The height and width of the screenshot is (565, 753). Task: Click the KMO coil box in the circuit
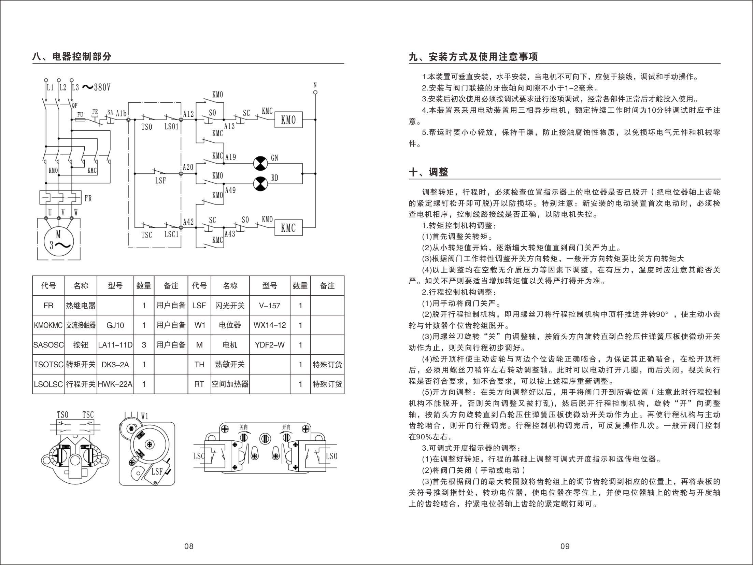click(x=288, y=120)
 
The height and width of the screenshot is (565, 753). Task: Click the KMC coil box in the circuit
click(x=288, y=228)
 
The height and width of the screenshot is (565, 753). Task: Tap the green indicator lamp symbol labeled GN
click(x=261, y=164)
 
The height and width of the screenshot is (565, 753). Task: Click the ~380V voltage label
click(x=97, y=87)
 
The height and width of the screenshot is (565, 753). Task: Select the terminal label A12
click(x=188, y=114)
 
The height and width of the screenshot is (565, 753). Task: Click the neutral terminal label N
click(x=315, y=85)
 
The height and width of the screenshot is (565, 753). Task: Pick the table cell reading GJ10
click(x=115, y=325)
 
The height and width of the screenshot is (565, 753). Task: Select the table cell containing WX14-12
click(x=269, y=325)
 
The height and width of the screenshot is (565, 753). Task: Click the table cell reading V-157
click(x=269, y=306)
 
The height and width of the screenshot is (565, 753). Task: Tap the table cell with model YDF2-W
click(x=269, y=345)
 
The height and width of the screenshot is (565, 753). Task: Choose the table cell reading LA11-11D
click(x=115, y=345)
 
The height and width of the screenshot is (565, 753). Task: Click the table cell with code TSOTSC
click(x=48, y=365)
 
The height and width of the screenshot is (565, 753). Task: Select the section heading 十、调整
click(x=428, y=172)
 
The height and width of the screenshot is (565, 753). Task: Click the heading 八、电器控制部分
click(x=72, y=56)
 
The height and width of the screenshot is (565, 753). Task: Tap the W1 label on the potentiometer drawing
click(x=145, y=416)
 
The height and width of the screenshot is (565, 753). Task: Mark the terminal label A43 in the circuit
click(x=230, y=234)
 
